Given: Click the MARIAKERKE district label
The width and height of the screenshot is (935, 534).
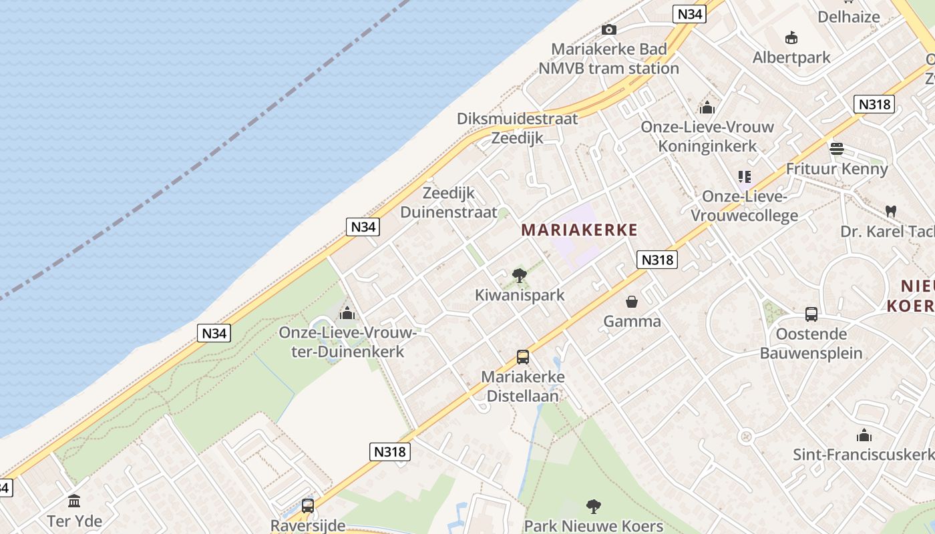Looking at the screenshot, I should pyautogui.click(x=579, y=230).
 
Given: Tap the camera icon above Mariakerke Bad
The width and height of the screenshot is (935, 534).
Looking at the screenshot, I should pyautogui.click(x=608, y=29).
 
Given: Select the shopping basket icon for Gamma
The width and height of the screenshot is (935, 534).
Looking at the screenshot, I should pyautogui.click(x=631, y=302).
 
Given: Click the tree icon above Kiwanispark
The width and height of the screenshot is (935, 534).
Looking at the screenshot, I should pyautogui.click(x=519, y=275).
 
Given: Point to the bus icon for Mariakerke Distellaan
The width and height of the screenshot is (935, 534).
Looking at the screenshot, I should pyautogui.click(x=522, y=357).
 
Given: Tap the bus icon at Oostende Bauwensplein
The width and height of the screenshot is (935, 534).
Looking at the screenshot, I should pyautogui.click(x=811, y=314).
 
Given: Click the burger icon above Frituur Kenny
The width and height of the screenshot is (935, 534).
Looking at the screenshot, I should pyautogui.click(x=836, y=149).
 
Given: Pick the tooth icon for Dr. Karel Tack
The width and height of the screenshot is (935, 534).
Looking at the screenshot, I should pyautogui.click(x=890, y=211).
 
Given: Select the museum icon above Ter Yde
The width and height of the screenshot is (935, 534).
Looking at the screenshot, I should pyautogui.click(x=74, y=501).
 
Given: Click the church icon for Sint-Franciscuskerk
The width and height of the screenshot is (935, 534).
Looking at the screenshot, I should pyautogui.click(x=864, y=436).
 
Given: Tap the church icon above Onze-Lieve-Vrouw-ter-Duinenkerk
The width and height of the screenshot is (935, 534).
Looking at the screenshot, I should pyautogui.click(x=347, y=313).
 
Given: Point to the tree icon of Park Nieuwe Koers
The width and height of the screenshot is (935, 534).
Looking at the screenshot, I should pyautogui.click(x=593, y=507).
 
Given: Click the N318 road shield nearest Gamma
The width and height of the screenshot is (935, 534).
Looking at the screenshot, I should pyautogui.click(x=657, y=260).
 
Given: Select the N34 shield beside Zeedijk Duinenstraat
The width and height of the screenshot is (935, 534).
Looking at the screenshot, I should pyautogui.click(x=363, y=226).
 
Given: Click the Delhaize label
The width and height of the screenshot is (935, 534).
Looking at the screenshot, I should pyautogui.click(x=848, y=17).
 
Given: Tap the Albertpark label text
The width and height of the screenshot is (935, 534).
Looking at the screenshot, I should pyautogui.click(x=791, y=57).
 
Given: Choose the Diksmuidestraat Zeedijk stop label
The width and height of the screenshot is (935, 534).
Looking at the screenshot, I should pyautogui.click(x=517, y=128).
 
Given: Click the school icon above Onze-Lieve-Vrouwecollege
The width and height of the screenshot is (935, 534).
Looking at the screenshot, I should pyautogui.click(x=745, y=177).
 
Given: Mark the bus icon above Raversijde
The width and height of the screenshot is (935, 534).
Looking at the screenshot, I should pyautogui.click(x=307, y=506).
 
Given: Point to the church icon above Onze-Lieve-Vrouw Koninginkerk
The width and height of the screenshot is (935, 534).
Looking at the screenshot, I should pyautogui.click(x=707, y=107).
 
